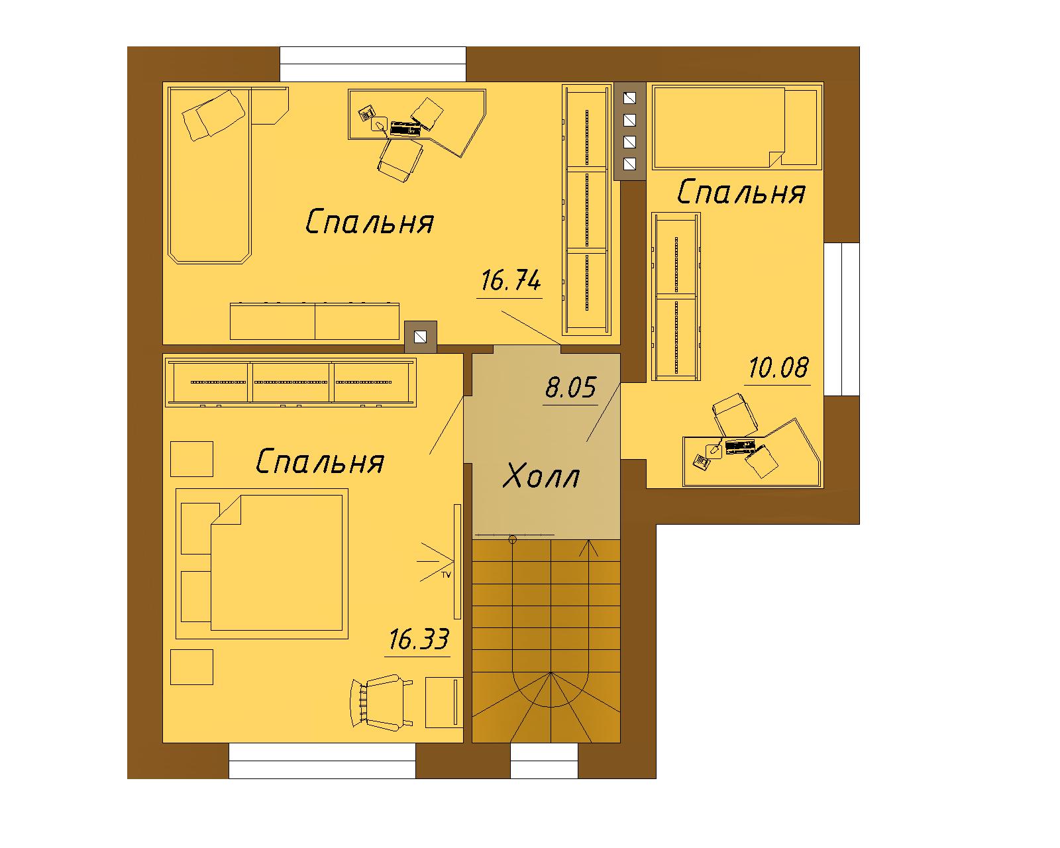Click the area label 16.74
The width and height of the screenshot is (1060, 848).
[x=510, y=280]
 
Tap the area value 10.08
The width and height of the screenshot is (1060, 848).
[x=778, y=368]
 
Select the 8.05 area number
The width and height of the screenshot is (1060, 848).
[x=570, y=388]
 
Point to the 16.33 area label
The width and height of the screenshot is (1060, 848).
[x=418, y=639]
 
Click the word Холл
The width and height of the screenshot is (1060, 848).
[x=541, y=476]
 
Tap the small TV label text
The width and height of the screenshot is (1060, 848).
[x=446, y=574]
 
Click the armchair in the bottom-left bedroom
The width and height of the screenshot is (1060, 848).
[x=381, y=702]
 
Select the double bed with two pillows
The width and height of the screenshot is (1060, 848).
[x=262, y=564]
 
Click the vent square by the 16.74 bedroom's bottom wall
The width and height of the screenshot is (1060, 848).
[x=420, y=337]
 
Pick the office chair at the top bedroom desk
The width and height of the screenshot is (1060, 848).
[x=400, y=159]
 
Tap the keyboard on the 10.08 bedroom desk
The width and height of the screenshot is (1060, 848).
[x=740, y=446]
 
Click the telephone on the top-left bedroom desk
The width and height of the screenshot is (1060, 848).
[x=366, y=113]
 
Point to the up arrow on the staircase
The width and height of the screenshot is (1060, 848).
[x=588, y=549]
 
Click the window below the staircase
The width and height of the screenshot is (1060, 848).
[x=544, y=761]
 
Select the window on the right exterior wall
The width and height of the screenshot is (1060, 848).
[x=842, y=319]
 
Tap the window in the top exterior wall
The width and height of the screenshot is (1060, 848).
[x=373, y=64]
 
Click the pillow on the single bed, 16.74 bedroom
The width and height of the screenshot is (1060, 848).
[x=213, y=115]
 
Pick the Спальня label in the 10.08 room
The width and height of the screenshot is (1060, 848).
[x=741, y=192]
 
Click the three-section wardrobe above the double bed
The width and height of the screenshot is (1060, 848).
[x=291, y=382]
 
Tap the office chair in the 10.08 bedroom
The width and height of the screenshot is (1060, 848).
[x=735, y=414]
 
